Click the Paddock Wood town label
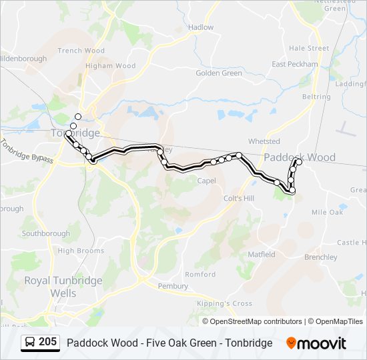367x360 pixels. (x=300, y=158)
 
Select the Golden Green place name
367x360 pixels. (x=219, y=73)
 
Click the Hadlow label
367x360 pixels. (x=201, y=27)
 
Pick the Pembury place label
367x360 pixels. (x=173, y=286)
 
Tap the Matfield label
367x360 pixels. (x=262, y=255)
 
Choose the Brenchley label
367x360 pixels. (x=320, y=257)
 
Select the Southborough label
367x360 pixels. (x=45, y=234)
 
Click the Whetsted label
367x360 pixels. (x=264, y=141)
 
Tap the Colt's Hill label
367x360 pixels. (x=239, y=199)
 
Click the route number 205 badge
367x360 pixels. (x=47, y=342)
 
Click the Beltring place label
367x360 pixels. (x=316, y=97)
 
